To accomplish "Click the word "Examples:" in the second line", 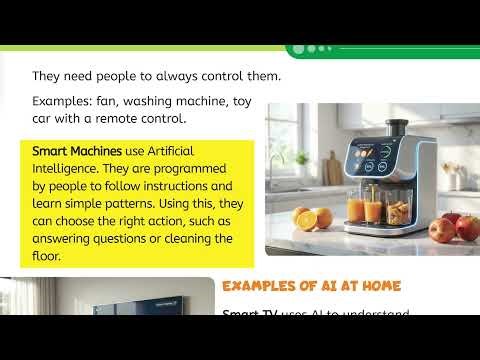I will pos(59,102).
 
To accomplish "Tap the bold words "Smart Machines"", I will pos(68,149).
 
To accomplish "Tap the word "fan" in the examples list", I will pos(104,102).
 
